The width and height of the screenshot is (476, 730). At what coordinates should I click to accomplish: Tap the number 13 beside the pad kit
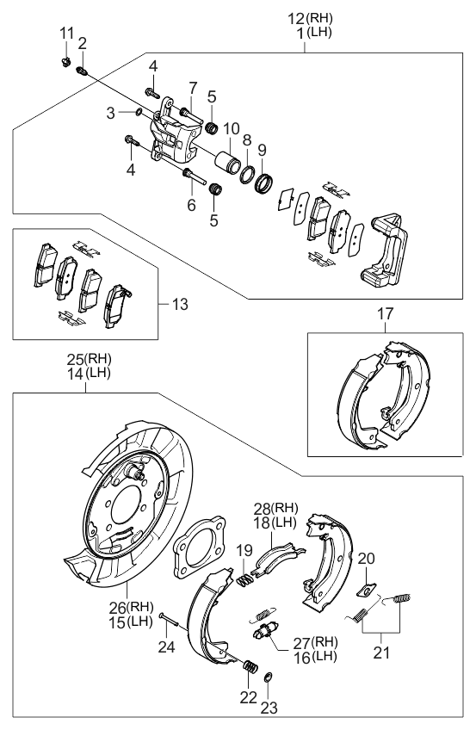178,304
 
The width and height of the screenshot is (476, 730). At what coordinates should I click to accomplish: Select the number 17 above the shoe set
385,316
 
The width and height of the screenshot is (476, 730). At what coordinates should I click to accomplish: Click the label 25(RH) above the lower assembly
90,359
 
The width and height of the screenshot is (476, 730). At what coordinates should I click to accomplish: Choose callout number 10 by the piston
232,128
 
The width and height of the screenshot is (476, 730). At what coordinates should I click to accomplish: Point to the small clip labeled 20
366,590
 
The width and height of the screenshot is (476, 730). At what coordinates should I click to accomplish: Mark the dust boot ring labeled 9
265,182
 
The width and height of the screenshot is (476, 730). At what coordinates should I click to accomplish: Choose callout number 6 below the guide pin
192,205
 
